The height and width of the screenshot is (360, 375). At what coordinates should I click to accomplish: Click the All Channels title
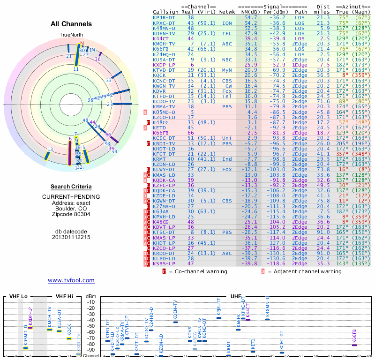tap(71, 24)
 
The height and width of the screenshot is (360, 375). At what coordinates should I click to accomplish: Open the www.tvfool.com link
tap(71, 280)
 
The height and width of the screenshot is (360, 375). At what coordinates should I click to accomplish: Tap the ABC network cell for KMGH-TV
tap(227, 44)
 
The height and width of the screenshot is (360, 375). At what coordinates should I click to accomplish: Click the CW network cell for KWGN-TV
tap(228, 86)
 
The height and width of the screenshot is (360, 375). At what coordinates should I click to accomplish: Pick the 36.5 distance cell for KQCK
tap(323, 75)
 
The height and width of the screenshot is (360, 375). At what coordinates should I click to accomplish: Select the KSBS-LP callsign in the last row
tap(164, 264)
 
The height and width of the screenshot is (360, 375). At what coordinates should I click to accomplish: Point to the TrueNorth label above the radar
tap(71, 35)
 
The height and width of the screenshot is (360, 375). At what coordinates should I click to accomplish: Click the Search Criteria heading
tap(71, 187)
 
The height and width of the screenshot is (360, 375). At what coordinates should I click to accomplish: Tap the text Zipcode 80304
tap(71, 214)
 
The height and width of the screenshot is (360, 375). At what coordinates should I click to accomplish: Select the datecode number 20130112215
tap(71, 237)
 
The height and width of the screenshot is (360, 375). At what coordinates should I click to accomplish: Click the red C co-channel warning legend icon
tap(164, 271)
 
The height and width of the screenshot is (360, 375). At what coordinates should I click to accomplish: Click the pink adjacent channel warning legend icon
tap(263, 271)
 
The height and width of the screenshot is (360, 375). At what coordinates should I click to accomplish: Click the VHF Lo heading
tap(18, 297)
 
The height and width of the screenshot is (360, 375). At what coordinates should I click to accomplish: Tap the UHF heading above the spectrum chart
tap(236, 297)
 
